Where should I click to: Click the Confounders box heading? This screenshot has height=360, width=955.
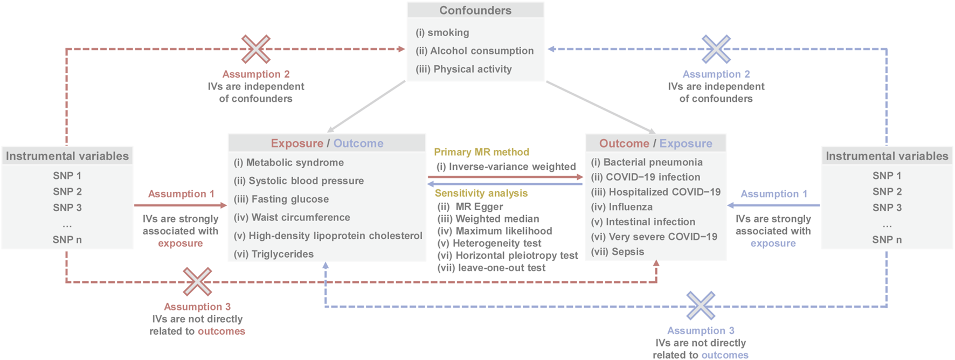pos(475,10)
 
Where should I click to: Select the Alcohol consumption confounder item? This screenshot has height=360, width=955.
pos(474,51)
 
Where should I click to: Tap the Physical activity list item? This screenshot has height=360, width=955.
pos(463,69)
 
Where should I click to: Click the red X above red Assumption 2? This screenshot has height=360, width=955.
pos(255,49)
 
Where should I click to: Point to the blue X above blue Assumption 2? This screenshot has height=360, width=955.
pos(716,49)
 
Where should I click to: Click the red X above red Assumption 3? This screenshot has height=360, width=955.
pos(197,281)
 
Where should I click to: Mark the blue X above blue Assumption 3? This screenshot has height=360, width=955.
pos(701,306)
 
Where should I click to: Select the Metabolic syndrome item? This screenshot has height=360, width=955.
pos(288,162)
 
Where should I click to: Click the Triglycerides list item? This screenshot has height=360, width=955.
pos(273,254)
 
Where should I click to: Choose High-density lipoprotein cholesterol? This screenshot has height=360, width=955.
pos(328,236)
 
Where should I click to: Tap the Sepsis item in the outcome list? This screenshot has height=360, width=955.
pos(617,252)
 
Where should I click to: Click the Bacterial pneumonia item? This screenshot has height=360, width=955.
pos(646,162)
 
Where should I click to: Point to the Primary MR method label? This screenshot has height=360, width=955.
pos(481,152)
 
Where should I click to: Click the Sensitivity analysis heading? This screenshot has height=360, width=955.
pos(481,193)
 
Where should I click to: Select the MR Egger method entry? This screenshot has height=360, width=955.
pos(470,206)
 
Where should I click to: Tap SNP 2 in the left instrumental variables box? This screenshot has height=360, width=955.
pos(67,191)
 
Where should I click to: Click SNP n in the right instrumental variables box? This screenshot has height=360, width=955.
pos(887,240)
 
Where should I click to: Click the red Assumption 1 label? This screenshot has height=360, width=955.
pos(181,193)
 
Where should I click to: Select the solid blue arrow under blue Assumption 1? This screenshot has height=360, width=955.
pos(773,205)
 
